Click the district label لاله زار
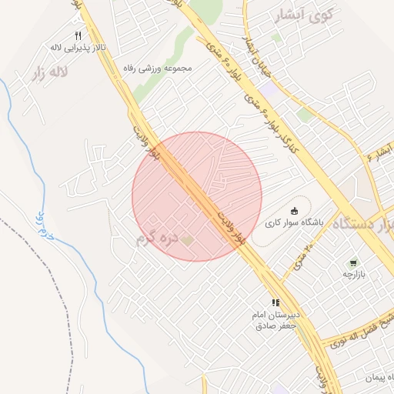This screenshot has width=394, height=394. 49,75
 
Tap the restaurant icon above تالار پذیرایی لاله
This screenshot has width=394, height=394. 78,36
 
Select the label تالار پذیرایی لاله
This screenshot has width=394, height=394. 78,48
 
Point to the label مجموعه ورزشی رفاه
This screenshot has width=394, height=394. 157,68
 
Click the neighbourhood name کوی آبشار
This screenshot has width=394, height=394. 306,15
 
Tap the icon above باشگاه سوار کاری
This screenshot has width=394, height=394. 293,211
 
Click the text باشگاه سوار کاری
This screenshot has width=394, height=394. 295,223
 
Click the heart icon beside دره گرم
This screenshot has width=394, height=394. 187,241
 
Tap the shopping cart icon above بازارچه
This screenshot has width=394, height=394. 353,262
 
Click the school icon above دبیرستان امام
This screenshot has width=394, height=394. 275,302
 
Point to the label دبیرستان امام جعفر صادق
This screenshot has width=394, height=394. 275,320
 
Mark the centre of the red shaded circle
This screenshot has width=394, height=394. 197,196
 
